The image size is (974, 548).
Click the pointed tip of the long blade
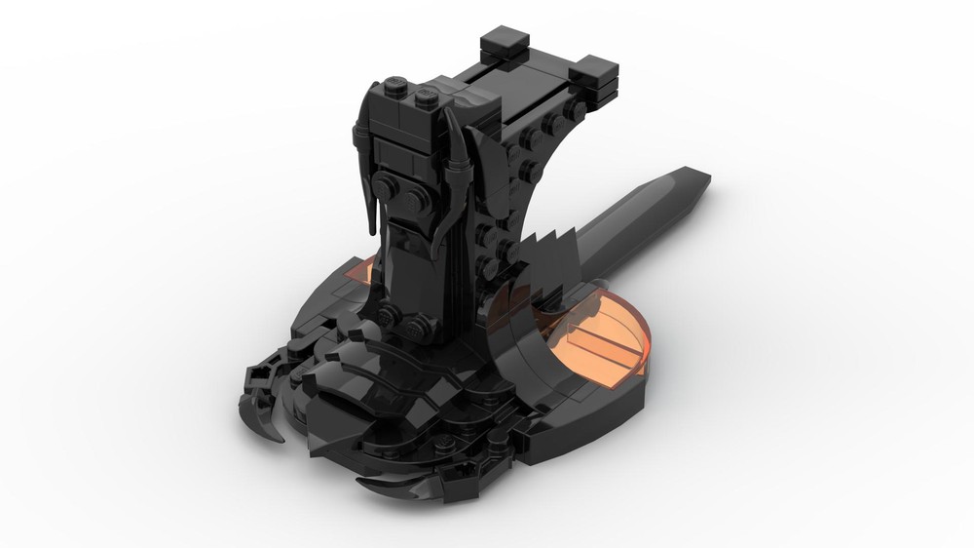tap(703, 179)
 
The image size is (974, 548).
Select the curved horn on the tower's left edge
tap(369, 166)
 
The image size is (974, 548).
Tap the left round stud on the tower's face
tap(389, 188)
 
